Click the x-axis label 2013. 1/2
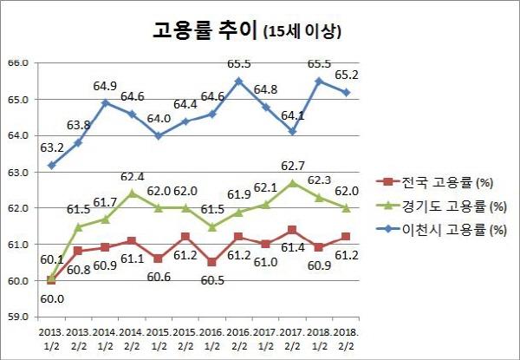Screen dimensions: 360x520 (x=51, y=338)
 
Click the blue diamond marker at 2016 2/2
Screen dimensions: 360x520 (x=238, y=81)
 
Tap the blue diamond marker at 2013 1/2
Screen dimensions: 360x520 (x=51, y=165)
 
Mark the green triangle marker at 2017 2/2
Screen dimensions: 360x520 (x=292, y=183)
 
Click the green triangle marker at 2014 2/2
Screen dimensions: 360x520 (x=132, y=193)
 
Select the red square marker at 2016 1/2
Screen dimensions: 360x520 (x=211, y=262)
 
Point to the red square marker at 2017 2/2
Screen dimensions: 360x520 (x=292, y=230)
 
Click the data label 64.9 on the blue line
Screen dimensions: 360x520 (x=104, y=86)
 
